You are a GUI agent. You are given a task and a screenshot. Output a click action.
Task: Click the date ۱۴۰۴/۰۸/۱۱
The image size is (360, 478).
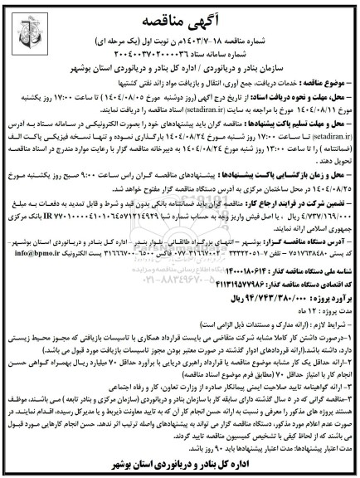coord(328,110)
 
